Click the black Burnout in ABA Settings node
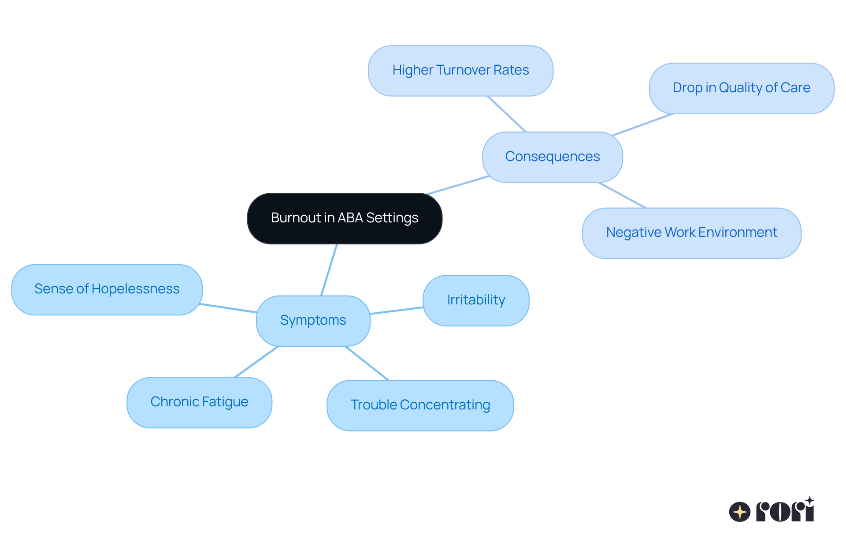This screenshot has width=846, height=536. tap(345, 218)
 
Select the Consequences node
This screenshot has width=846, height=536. tap(552, 157)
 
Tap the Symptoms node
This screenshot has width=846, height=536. tap(313, 321)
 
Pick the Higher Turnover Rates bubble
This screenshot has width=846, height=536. tap(460, 71)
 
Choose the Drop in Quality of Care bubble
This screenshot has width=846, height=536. tap(741, 88)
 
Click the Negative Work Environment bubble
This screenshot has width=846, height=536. tap(691, 233)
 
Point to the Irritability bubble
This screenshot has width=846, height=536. tap(476, 300)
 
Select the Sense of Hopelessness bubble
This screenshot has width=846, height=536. tap(107, 289)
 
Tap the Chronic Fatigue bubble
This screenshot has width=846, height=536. tap(199, 402)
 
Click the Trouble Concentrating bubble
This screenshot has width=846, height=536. tap(420, 405)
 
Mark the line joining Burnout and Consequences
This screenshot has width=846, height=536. tap(458, 185)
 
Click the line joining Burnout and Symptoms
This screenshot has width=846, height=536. tap(329, 270)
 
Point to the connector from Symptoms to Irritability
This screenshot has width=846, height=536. tap(397, 311)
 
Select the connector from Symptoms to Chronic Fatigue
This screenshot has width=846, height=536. tap(256, 362)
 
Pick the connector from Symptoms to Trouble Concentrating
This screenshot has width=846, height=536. tap(367, 363)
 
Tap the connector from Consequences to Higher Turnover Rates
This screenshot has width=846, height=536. tap(507, 114)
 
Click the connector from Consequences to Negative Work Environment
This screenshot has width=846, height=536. tap(622, 195)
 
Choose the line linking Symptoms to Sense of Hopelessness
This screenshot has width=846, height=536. tap(228, 308)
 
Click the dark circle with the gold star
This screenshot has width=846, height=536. tap(739, 512)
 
